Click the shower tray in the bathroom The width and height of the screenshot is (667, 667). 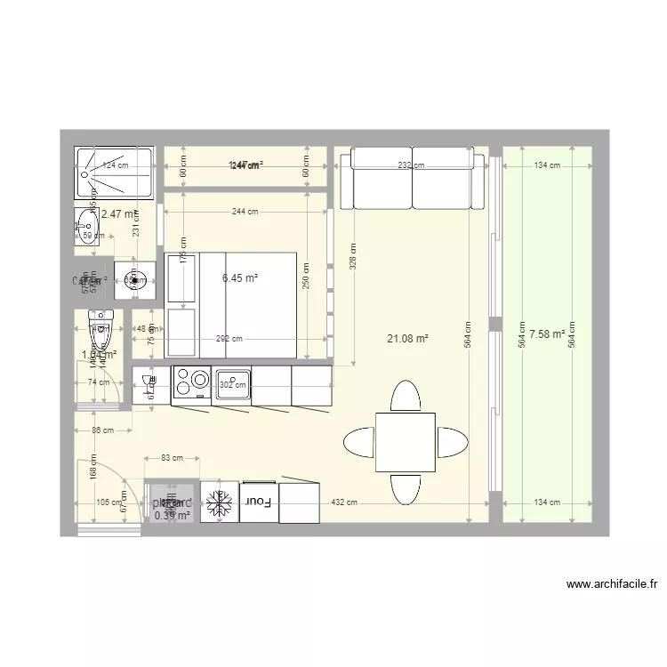(x=115, y=172)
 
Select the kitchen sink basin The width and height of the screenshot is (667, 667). (x=232, y=382)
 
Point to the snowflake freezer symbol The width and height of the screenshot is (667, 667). (x=218, y=504)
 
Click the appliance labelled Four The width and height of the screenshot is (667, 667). (x=258, y=503)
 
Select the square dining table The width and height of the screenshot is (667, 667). (x=405, y=442)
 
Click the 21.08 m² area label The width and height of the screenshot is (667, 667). (x=408, y=338)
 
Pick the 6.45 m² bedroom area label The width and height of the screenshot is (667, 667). (x=240, y=278)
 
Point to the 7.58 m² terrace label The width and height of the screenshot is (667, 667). (x=547, y=334)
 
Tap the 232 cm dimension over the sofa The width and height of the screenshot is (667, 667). (x=410, y=165)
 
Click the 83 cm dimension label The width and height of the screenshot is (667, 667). (x=172, y=458)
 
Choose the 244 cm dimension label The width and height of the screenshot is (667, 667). (x=245, y=212)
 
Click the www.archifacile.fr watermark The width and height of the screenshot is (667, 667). (x=613, y=585)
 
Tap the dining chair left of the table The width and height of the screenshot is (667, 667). (x=359, y=442)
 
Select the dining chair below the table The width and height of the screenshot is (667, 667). (x=405, y=488)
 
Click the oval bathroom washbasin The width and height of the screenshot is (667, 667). (x=87, y=224)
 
